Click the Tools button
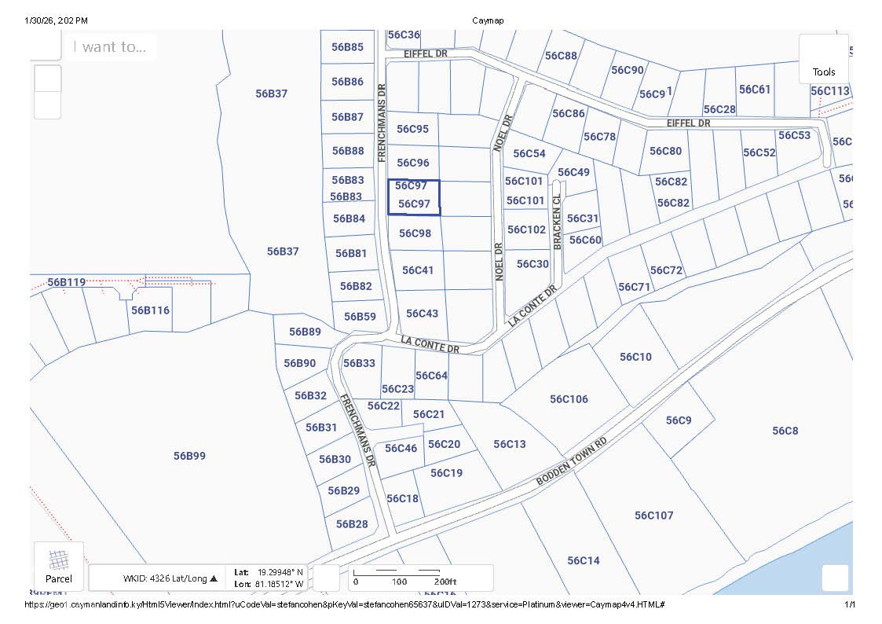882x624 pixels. (824, 60)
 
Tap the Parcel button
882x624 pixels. (59, 566)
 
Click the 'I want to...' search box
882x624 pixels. (110, 47)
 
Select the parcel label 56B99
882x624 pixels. (189, 456)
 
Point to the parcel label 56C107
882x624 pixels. (654, 516)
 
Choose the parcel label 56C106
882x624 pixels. (569, 399)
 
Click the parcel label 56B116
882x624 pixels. (150, 310)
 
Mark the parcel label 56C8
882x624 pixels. (785, 431)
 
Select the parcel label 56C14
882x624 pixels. (584, 560)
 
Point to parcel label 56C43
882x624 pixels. (422, 314)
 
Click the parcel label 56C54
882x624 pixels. (529, 154)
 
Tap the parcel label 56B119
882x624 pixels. (66, 282)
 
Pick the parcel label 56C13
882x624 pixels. (510, 444)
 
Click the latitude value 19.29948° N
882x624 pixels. (282, 572)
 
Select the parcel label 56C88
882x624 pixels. (561, 56)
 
